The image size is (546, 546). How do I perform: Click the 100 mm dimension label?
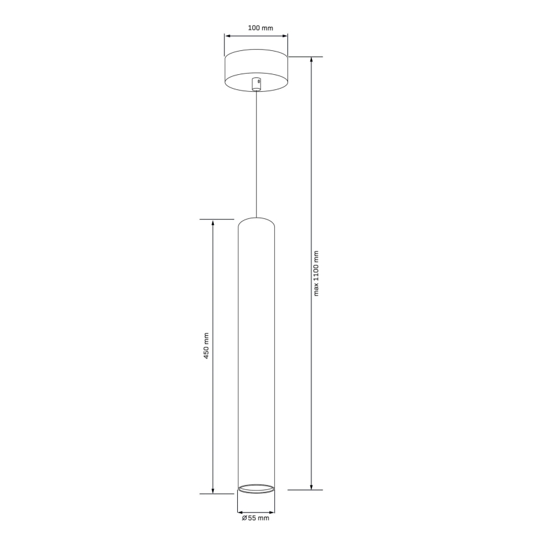point(256,28)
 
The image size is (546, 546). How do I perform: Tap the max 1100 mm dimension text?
point(316,273)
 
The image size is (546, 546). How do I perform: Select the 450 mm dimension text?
point(206,347)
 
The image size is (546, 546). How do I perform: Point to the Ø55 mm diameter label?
point(255,518)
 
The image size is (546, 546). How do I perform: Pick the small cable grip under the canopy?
point(256,84)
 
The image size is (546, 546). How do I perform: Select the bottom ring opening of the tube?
point(256,488)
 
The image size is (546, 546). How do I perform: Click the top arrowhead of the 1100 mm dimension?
point(311,60)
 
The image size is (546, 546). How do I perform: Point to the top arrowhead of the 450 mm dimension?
point(213,223)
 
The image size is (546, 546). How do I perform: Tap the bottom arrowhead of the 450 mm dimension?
point(213,490)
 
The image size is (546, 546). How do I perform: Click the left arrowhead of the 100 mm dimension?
point(228,36)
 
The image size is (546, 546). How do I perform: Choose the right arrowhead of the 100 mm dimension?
point(285,36)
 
